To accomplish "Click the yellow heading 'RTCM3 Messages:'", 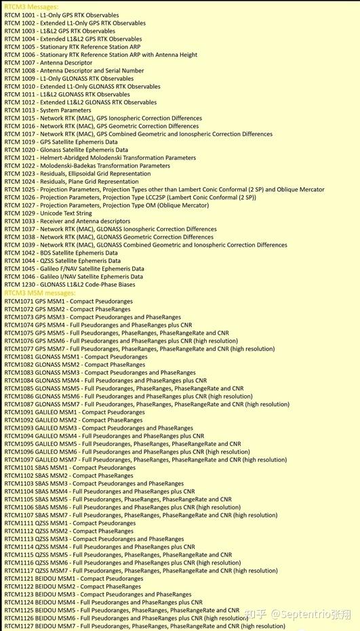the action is (x=31, y=7).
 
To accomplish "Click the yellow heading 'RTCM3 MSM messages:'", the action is (x=41, y=293).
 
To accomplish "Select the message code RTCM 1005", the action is (x=19, y=47).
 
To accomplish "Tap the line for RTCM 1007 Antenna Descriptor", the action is (x=48, y=63).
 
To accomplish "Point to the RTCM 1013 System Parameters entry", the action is (x=47, y=110).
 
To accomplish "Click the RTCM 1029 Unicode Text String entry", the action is (x=48, y=213).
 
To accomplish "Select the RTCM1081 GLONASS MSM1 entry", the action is (x=75, y=357).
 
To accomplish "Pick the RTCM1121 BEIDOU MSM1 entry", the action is (x=74, y=579).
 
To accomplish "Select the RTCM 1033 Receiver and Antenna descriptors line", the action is (x=67, y=222).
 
